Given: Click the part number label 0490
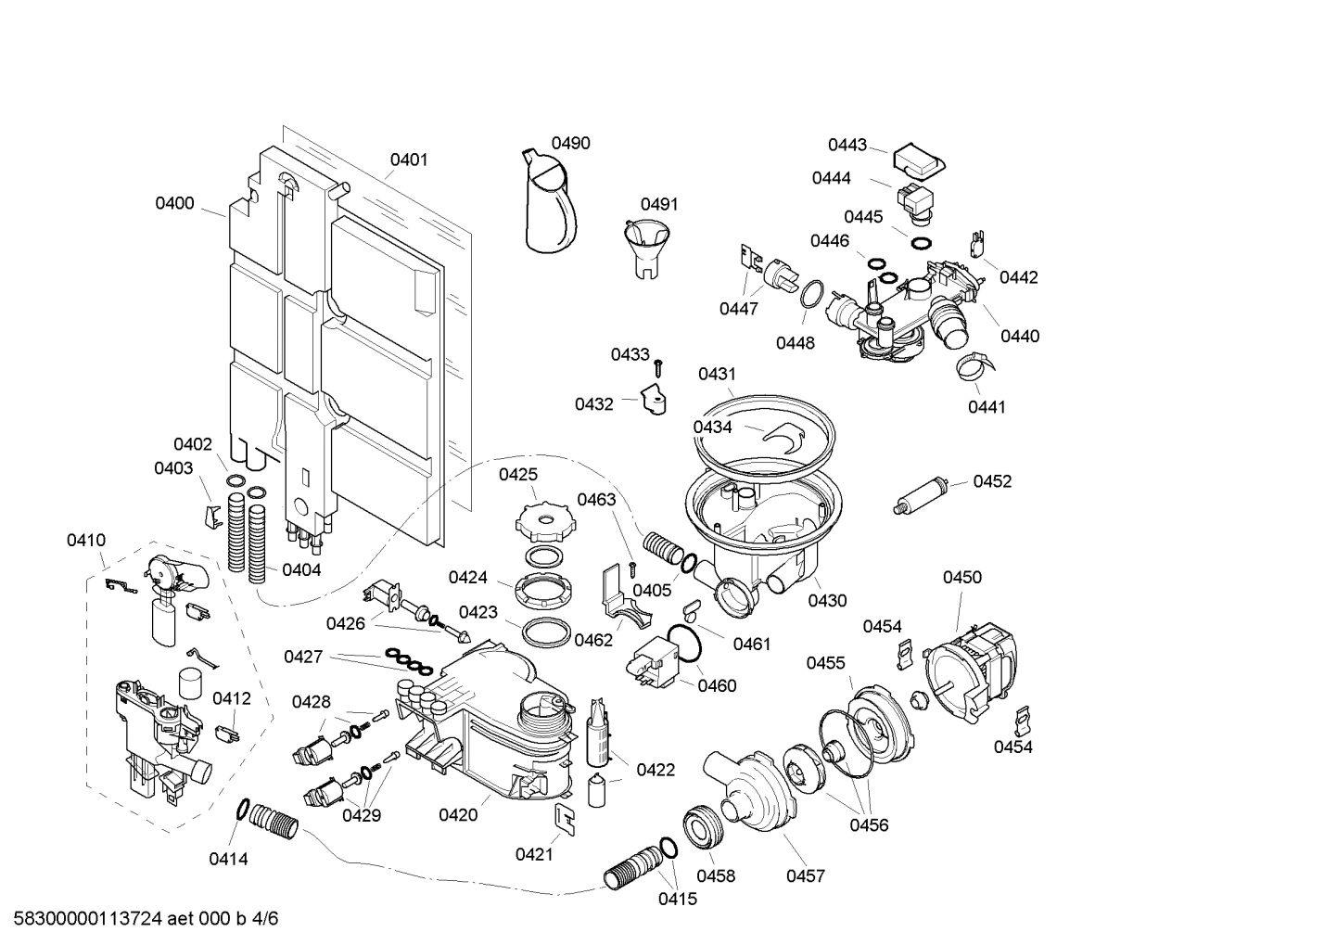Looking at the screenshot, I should point(570,143).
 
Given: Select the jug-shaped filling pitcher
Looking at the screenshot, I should point(549,204).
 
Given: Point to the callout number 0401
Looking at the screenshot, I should point(408,160).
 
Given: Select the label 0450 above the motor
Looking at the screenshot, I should point(961,577).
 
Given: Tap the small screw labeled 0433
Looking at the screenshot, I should point(658,365).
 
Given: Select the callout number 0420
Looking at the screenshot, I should point(458,815).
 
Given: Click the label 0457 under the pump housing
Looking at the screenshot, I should point(805,875).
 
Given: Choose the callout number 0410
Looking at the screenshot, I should point(85,540).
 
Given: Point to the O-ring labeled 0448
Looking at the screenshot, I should point(809,295).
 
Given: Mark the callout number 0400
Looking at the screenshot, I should point(174,203).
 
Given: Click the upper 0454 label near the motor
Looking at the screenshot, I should point(882,626).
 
